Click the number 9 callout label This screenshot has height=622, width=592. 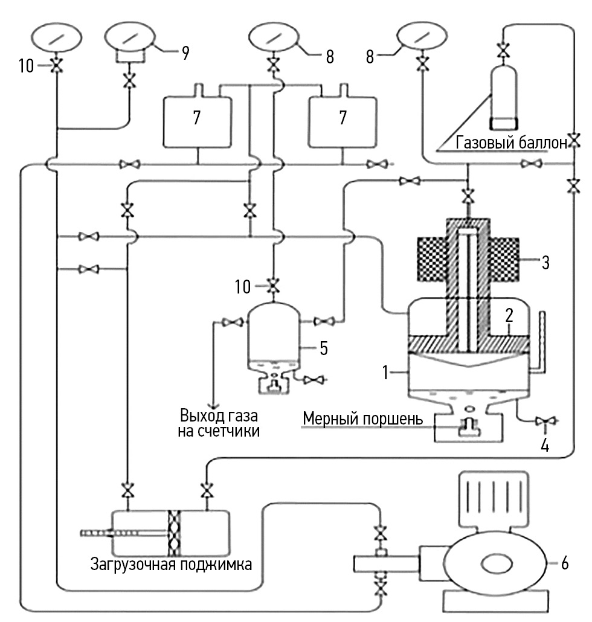[x=185, y=53]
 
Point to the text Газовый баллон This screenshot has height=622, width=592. [x=512, y=143]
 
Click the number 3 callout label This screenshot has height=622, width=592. [x=545, y=263]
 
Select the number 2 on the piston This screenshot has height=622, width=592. [x=509, y=315]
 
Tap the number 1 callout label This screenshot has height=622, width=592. [x=385, y=373]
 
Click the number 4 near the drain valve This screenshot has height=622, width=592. [x=545, y=446]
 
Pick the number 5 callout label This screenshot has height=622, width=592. [x=324, y=348]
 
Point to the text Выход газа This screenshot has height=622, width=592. [x=219, y=415]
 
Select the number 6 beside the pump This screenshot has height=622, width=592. [x=565, y=563]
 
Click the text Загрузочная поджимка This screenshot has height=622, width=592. [x=171, y=564]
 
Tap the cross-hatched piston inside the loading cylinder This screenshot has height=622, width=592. [x=174, y=533]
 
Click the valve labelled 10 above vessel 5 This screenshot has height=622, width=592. [x=273, y=286]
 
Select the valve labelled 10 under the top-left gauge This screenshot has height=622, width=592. [x=57, y=65]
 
